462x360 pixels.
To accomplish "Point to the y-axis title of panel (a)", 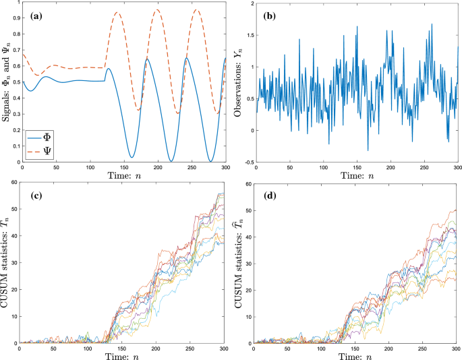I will tap(7, 82).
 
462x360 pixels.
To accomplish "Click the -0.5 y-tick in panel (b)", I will tap(246, 162).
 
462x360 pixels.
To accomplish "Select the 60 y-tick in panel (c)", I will tap(13, 184).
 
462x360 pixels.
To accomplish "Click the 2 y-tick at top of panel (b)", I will tap(250, 4).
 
